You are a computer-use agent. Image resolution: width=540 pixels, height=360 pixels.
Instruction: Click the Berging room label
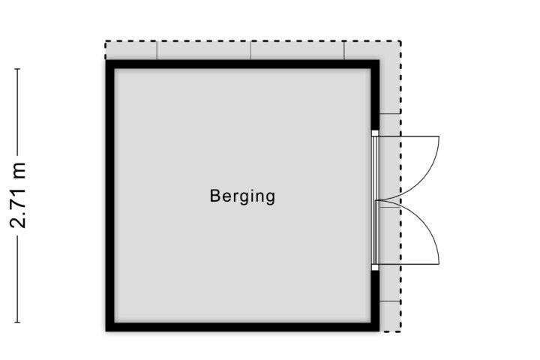point(242,196)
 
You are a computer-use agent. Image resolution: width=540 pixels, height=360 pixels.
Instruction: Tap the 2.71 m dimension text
point(18,195)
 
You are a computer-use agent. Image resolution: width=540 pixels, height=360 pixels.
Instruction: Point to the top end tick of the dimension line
point(17,69)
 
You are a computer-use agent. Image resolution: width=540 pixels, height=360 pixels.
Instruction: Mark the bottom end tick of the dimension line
point(17,322)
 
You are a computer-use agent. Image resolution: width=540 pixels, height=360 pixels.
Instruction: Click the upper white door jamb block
point(375,133)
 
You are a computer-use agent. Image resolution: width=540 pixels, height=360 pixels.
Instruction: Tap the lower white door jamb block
point(375,267)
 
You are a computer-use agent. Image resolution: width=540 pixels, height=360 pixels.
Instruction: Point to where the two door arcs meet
point(376,200)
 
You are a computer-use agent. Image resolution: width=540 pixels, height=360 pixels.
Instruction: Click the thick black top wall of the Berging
point(242,64)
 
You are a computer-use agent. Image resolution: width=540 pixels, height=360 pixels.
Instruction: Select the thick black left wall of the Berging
point(109,196)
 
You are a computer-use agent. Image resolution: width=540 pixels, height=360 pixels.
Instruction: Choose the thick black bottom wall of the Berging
point(242,327)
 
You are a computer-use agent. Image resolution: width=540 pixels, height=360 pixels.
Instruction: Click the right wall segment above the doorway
point(375,95)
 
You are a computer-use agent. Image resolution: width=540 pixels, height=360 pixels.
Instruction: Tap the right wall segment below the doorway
point(375,301)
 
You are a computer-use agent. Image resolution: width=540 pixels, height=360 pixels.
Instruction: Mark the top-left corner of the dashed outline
point(106,41)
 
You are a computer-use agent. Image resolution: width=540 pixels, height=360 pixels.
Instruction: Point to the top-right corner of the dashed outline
point(400,41)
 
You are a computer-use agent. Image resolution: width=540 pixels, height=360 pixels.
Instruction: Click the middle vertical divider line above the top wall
point(250,51)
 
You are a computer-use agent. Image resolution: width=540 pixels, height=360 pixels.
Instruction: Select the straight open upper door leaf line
point(409,136)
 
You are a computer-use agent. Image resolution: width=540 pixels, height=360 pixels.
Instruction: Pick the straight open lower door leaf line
point(409,264)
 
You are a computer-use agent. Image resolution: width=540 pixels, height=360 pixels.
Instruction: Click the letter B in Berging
point(214,196)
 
